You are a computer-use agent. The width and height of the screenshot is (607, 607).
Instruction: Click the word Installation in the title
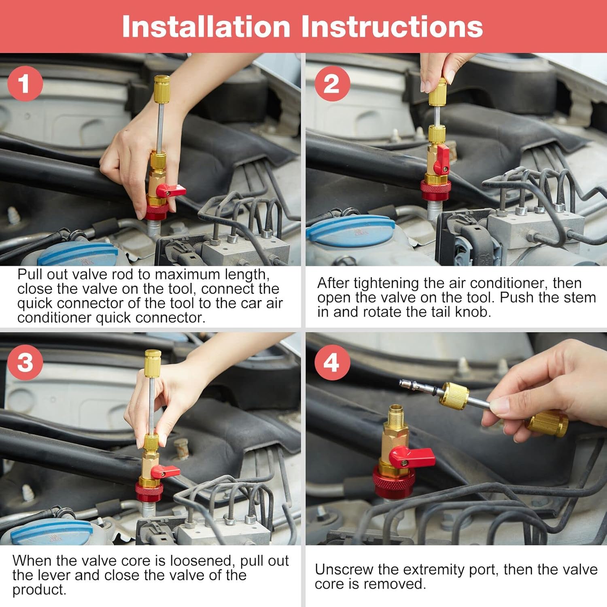click(206, 27)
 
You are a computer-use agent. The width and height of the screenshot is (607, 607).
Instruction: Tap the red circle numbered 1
click(25, 83)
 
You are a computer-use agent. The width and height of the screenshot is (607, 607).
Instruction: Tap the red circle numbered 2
click(332, 83)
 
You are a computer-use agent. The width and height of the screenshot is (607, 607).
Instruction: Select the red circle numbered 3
click(25, 362)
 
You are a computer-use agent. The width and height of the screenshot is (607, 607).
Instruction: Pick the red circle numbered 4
click(332, 362)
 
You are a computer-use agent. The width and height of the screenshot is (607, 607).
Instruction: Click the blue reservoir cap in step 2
click(350, 231)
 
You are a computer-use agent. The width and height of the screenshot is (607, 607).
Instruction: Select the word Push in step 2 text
click(517, 297)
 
